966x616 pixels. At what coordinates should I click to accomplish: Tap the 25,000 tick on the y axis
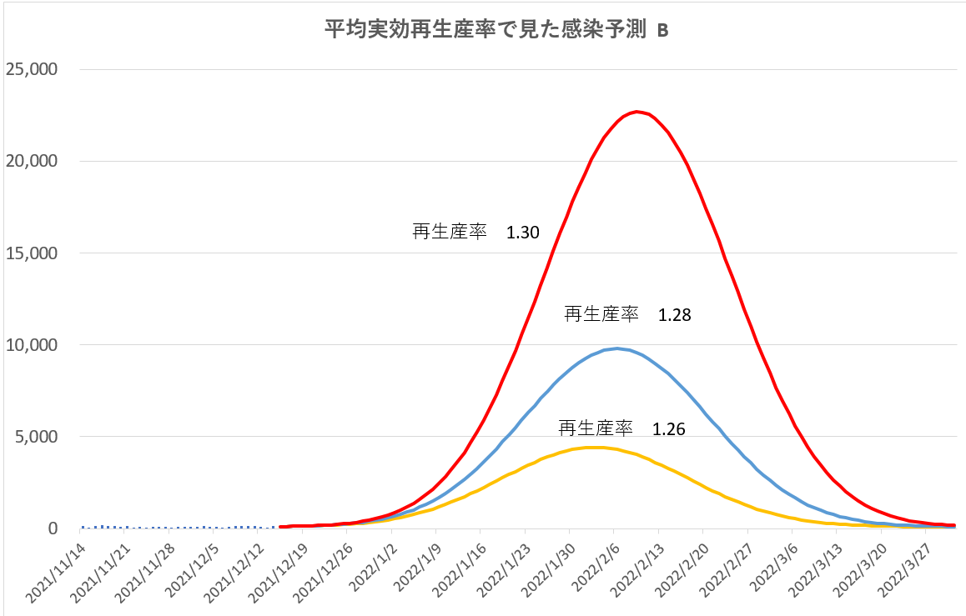(32, 69)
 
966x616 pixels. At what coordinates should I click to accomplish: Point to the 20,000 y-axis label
(32, 161)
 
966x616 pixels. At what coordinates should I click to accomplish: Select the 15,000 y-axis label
(32, 253)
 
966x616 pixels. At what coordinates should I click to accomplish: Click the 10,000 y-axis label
(32, 344)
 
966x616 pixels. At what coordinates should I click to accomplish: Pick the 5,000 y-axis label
(36, 436)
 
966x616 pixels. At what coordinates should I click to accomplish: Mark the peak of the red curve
(636, 111)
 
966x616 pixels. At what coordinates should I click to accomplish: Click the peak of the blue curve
(616, 348)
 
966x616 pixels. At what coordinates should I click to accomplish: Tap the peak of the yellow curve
(594, 448)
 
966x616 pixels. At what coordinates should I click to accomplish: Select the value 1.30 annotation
(523, 233)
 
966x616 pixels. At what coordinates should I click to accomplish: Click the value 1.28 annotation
(675, 316)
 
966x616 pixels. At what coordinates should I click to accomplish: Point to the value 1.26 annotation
(669, 430)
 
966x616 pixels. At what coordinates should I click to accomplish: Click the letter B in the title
(662, 31)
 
